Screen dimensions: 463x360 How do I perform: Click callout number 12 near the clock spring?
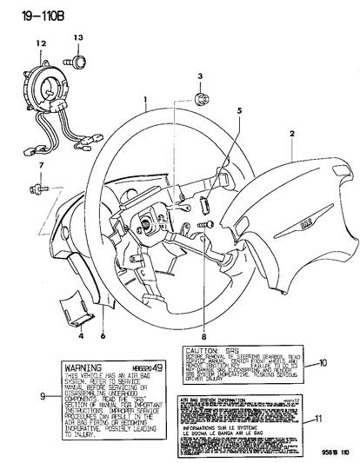40,42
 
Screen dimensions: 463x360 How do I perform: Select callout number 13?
77,38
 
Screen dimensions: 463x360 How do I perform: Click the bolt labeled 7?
42,185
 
